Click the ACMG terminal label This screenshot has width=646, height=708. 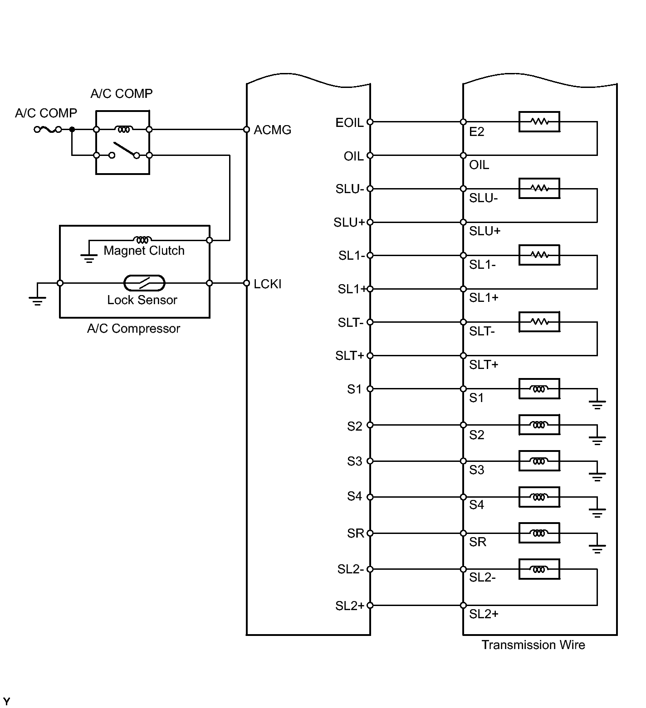272,130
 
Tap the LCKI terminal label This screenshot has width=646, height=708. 268,284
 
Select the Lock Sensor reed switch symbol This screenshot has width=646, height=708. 144,283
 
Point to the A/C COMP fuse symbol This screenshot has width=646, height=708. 48,130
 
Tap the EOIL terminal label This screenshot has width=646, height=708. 349,123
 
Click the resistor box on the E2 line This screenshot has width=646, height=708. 539,121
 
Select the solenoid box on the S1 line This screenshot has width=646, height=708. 539,389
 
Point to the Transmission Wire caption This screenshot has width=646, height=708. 533,645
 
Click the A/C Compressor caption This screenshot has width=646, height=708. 133,329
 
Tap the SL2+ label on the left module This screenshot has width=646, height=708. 350,606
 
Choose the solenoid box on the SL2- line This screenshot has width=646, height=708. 539,569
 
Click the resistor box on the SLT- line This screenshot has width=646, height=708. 539,322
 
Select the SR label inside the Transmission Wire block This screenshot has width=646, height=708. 478,542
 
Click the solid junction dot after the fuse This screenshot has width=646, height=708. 72,130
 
